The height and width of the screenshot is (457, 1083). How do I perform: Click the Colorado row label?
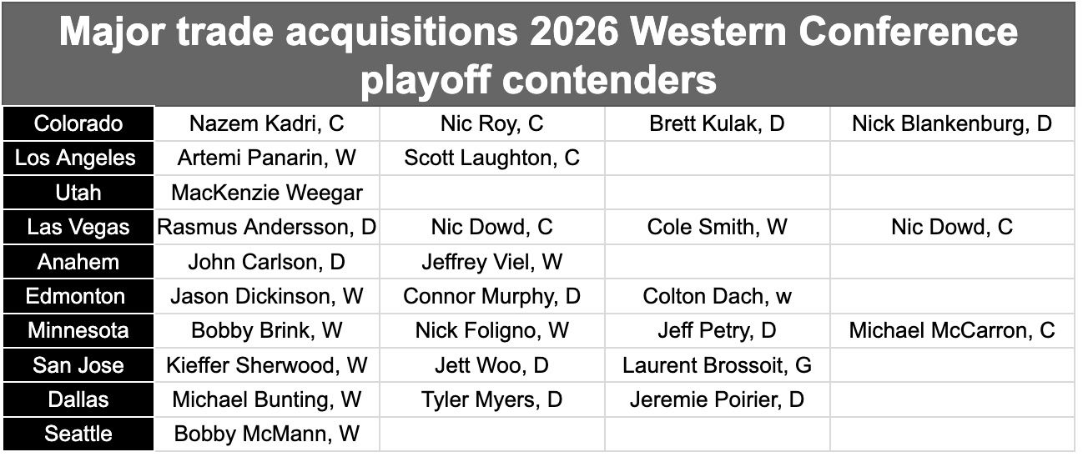[x=78, y=123]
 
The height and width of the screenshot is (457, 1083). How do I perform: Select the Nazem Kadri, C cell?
[x=266, y=123]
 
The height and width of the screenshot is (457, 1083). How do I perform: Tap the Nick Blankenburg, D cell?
[x=952, y=123]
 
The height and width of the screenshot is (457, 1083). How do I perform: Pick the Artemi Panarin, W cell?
[x=266, y=158]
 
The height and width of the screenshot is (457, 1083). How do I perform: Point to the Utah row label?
[x=78, y=193]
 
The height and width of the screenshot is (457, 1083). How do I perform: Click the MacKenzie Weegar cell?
[x=266, y=193]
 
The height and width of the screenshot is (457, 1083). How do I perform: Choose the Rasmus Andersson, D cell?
[x=266, y=227]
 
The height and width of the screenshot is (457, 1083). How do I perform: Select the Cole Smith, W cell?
[x=717, y=227]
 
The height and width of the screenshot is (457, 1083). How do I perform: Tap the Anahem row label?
[x=78, y=262]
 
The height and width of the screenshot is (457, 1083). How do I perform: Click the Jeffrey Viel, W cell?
[x=491, y=262]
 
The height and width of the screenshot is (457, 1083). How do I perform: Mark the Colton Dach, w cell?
[x=717, y=296]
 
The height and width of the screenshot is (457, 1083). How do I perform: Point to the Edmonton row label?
[x=78, y=296]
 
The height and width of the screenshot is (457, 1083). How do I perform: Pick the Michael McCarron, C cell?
[x=952, y=331]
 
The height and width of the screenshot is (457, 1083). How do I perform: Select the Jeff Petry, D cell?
[x=717, y=331]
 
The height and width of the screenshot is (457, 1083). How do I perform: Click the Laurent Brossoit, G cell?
[x=717, y=365]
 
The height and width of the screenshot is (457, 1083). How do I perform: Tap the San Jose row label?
[x=78, y=365]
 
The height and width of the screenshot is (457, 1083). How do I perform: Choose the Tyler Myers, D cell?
[x=491, y=399]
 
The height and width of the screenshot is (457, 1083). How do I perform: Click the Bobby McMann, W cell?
[x=266, y=434]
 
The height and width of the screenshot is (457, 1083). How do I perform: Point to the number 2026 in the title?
[x=577, y=32]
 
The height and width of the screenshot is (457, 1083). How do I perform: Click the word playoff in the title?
[x=426, y=80]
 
